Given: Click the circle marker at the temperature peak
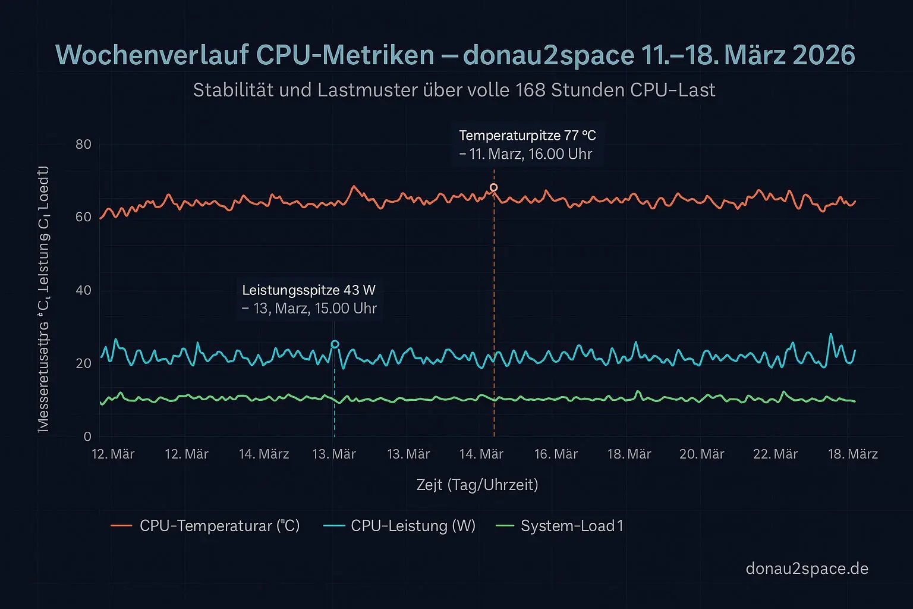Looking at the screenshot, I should [x=493, y=188].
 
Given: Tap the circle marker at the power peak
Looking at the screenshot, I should [x=335, y=344].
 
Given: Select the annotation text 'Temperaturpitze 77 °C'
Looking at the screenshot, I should [x=527, y=136].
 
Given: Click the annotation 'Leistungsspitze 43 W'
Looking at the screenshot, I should [x=308, y=290].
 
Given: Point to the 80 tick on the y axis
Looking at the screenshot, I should [x=84, y=145].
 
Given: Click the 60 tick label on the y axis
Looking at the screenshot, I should [x=84, y=217].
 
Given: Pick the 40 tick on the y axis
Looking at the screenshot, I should [x=84, y=290].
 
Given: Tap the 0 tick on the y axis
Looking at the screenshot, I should [x=87, y=437].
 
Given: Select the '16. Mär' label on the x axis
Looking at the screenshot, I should [x=556, y=454].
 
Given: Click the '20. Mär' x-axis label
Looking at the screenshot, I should [x=701, y=454].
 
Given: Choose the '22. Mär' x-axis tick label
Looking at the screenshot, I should [x=775, y=454].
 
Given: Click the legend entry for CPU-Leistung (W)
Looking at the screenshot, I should [x=413, y=526].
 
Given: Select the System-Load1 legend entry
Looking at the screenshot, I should [x=572, y=526].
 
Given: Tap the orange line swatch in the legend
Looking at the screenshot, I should [x=121, y=526].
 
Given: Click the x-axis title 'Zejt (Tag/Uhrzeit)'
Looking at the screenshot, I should [x=477, y=485].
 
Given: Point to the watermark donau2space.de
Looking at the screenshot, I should [x=807, y=569].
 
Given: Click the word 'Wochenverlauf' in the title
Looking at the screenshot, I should [x=152, y=55].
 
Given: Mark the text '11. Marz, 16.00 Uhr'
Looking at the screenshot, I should [x=531, y=154].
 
